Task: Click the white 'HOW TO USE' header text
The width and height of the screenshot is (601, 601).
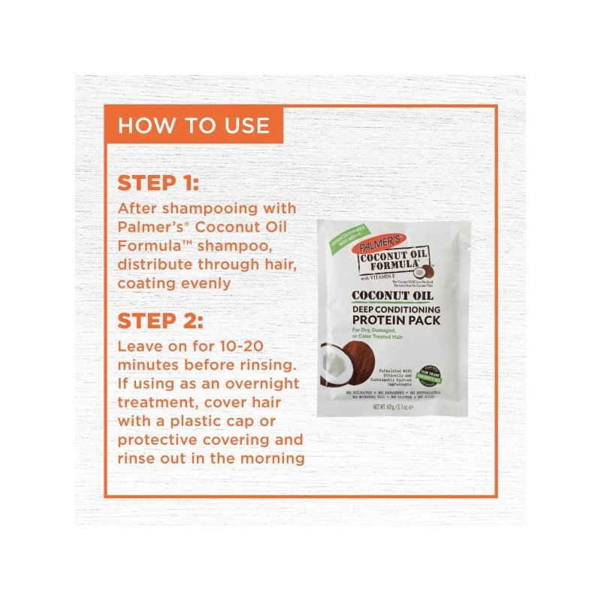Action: coord(193,125)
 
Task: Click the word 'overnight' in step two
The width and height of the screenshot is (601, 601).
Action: coord(261,383)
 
